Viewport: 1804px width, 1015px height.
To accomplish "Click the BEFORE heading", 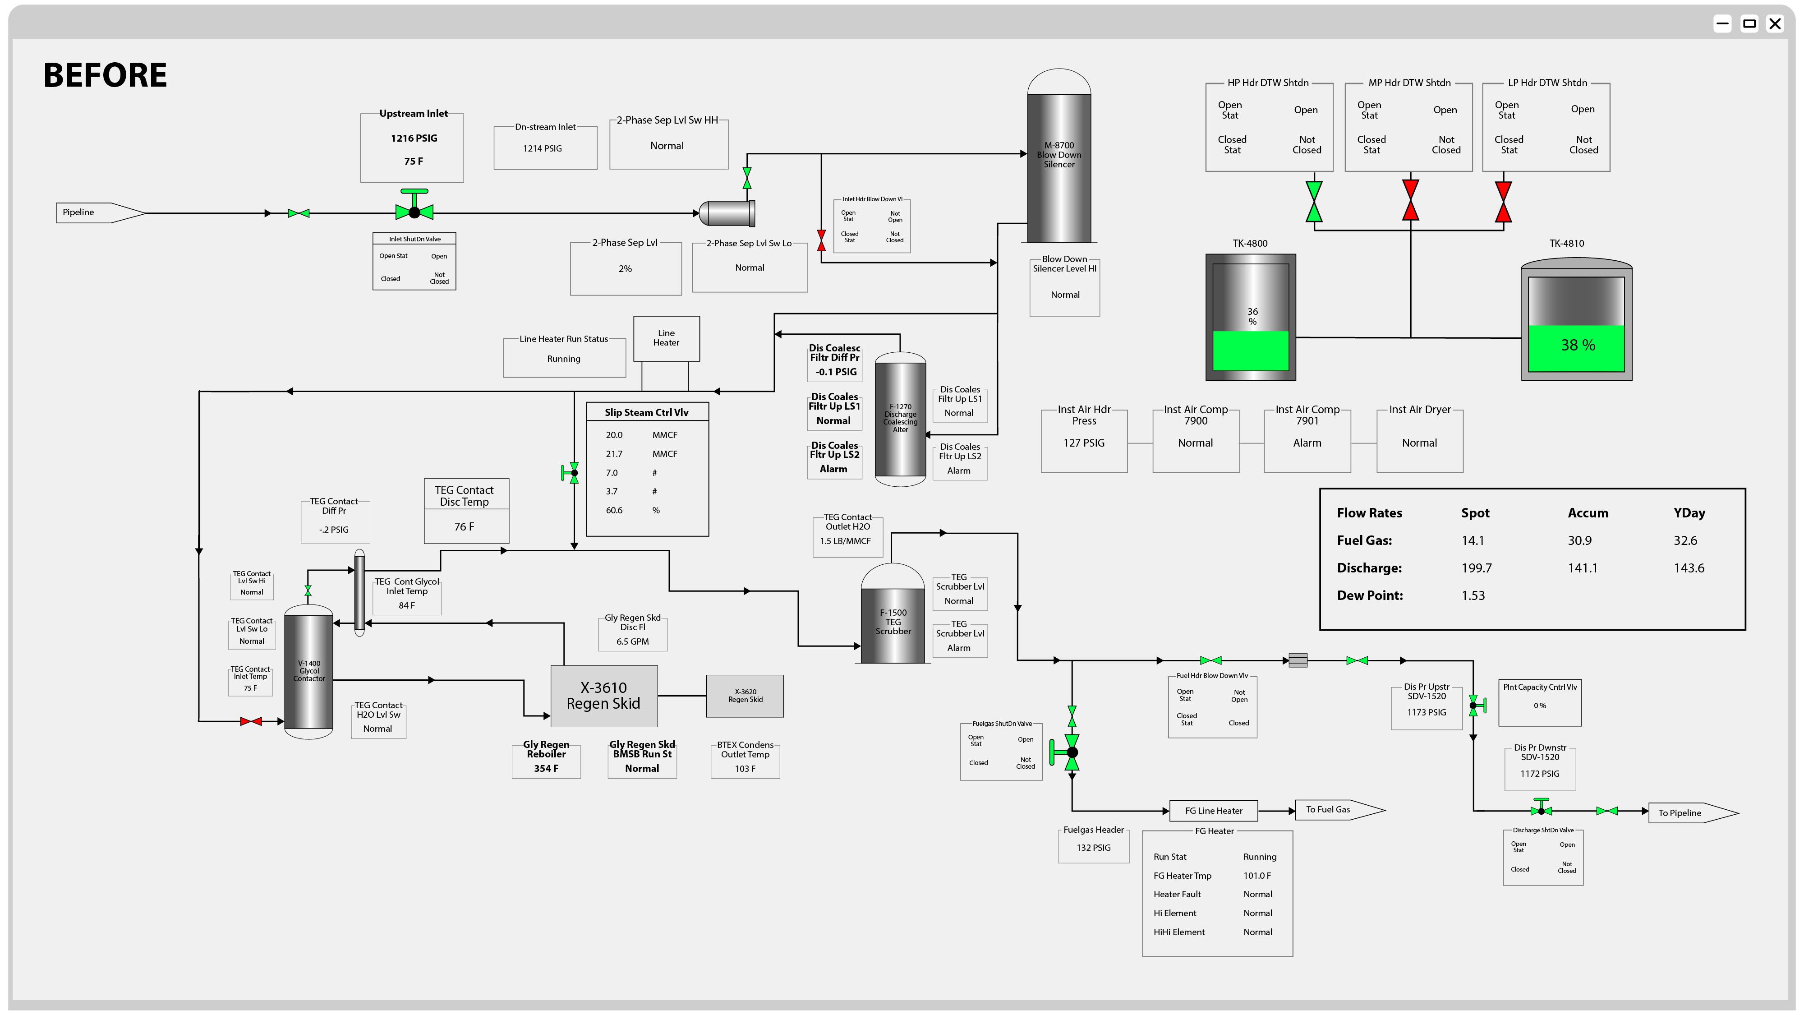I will [x=105, y=75].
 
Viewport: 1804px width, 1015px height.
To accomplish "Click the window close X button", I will [x=1775, y=24].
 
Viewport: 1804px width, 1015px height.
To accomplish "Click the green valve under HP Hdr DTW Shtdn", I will [x=1314, y=202].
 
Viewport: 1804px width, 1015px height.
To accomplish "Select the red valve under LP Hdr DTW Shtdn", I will [x=1503, y=202].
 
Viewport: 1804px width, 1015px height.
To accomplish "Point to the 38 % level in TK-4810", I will [x=1578, y=346].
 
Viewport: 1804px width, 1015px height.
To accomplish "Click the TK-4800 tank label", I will [x=1250, y=243].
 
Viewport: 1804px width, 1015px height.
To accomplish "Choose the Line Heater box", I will [x=666, y=338].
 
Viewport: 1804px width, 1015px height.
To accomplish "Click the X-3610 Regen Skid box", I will [x=604, y=696].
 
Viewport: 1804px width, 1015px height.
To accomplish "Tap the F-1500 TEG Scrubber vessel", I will [x=893, y=622].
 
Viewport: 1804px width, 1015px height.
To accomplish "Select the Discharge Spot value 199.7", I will [x=1476, y=568].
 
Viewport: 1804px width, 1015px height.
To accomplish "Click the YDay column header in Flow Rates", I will [x=1689, y=513].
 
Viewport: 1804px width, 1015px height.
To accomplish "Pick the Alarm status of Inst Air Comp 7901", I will [x=1307, y=443].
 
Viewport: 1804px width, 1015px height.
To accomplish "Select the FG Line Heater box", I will [x=1214, y=811].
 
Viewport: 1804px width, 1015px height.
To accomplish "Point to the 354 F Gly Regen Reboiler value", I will [x=546, y=768].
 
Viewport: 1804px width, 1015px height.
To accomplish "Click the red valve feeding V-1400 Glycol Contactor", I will [x=251, y=721].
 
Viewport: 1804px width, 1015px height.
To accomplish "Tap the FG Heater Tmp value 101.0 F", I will [x=1256, y=876].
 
